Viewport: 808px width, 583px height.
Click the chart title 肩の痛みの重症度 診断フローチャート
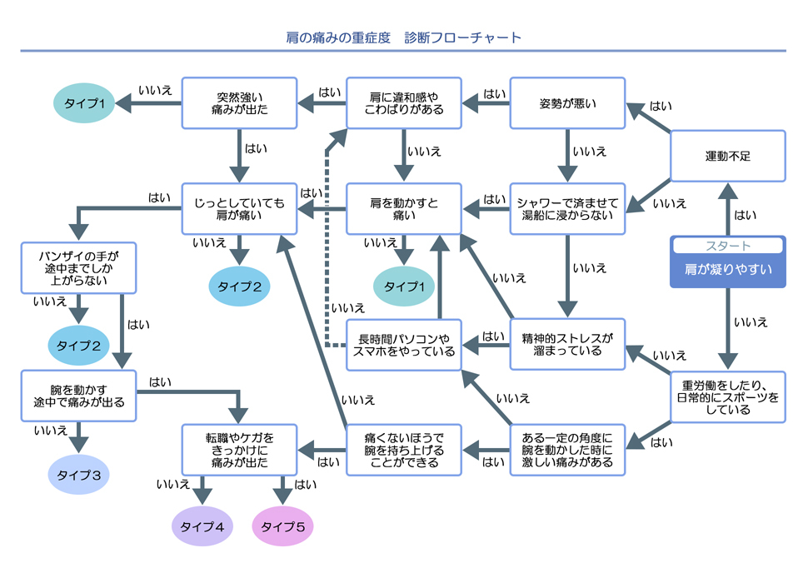pos(403,37)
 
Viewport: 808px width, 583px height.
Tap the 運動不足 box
pos(727,156)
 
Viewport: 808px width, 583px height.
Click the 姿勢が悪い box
pos(567,103)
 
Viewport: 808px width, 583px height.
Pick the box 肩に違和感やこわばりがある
pos(404,103)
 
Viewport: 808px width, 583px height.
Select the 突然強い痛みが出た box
pos(240,103)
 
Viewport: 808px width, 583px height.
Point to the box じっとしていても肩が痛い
pos(240,208)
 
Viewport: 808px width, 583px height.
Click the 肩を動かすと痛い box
pos(404,208)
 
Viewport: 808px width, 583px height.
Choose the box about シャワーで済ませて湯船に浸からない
pos(567,208)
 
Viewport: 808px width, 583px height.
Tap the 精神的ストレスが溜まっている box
pos(567,344)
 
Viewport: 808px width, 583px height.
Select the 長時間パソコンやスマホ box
pos(404,344)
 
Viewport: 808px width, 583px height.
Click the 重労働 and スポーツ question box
pos(727,396)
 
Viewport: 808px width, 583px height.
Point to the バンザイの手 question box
pos(77,268)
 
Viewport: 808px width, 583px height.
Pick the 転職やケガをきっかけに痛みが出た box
pos(240,450)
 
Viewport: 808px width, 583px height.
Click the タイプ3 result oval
pos(78,476)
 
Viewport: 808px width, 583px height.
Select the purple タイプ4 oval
pos(202,526)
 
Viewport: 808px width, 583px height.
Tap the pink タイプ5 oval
pos(283,526)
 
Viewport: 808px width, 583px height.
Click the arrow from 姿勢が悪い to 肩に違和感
pos(486,103)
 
